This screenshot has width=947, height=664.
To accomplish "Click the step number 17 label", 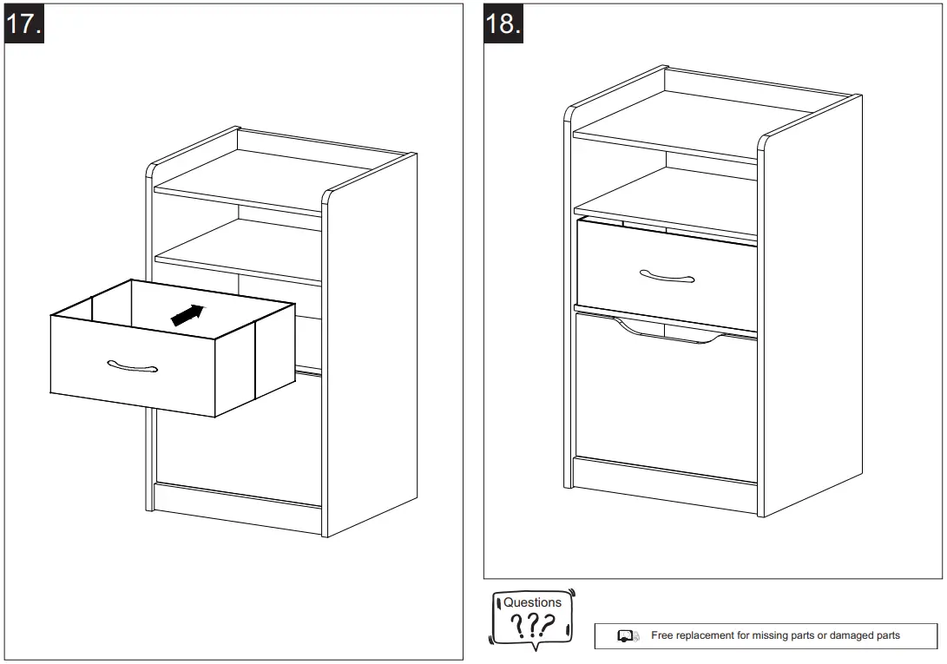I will [x=23, y=23].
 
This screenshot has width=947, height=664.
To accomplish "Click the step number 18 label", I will [x=503, y=23].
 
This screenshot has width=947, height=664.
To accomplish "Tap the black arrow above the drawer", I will [x=188, y=315].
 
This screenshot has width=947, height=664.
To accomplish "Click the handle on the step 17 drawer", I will [x=133, y=366].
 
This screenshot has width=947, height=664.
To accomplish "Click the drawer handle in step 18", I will [x=667, y=276].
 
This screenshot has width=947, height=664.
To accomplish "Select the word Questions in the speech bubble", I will [x=532, y=602].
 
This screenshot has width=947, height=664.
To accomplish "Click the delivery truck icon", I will [x=628, y=636].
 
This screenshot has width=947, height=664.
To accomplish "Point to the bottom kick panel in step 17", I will [x=236, y=508].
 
